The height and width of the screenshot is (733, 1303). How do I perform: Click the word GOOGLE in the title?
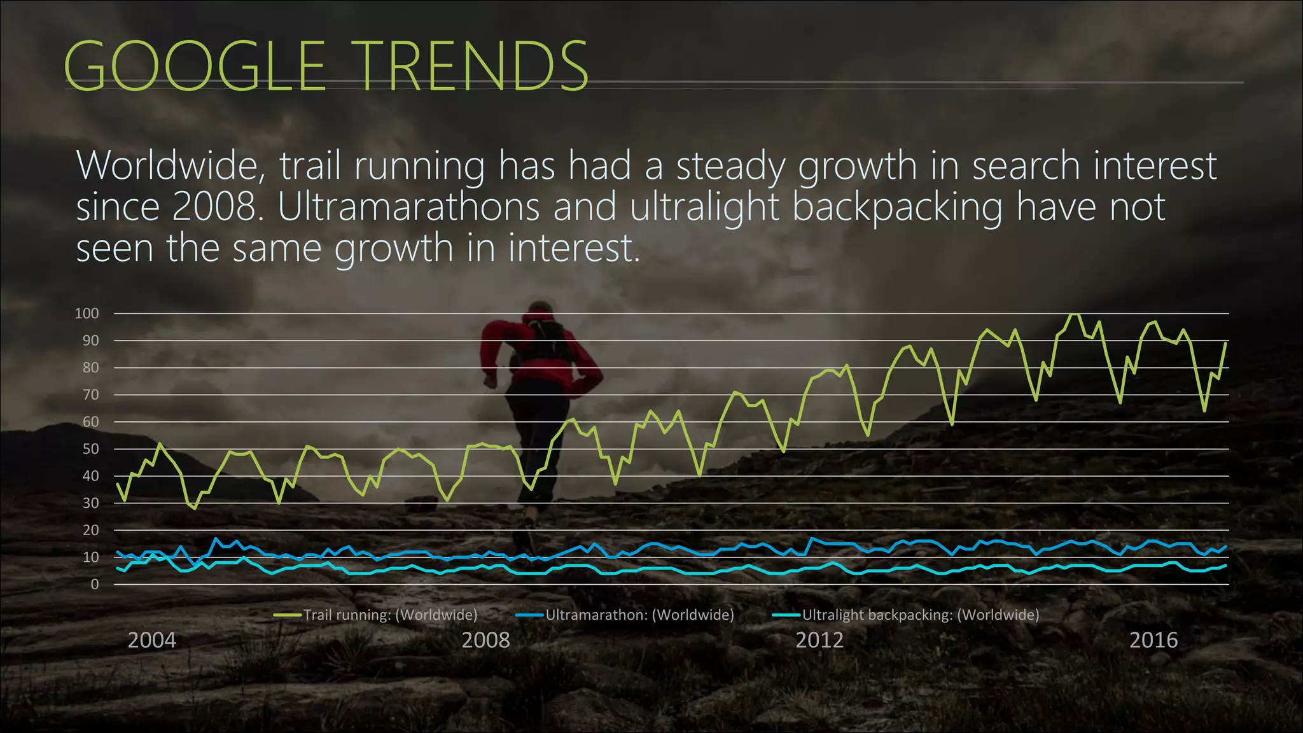(x=195, y=66)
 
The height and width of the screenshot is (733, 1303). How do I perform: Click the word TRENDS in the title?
(x=473, y=66)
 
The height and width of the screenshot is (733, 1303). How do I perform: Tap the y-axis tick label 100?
(x=87, y=313)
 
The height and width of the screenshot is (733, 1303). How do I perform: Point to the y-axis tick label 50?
(x=90, y=449)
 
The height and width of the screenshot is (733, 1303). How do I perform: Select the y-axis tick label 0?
(x=95, y=584)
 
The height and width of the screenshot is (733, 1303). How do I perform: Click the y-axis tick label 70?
(x=90, y=394)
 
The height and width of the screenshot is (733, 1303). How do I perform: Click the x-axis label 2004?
(x=151, y=639)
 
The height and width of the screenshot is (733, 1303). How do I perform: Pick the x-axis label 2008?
(x=485, y=639)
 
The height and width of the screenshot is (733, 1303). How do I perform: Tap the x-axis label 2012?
(x=819, y=639)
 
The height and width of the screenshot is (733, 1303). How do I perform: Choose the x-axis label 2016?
(x=1153, y=639)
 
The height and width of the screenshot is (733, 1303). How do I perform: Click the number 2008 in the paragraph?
(x=213, y=207)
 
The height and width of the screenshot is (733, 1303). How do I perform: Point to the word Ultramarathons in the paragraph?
(x=408, y=207)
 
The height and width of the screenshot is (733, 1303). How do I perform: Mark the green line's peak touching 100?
(x=1075, y=314)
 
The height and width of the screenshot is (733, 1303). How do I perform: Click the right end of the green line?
(x=1225, y=344)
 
